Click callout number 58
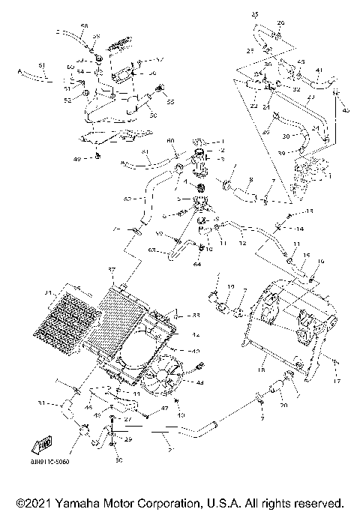tap(83, 26)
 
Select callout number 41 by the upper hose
tap(318, 70)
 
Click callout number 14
tap(298, 228)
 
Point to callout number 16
tap(322, 262)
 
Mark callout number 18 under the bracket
tap(262, 370)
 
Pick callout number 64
tap(198, 264)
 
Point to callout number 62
tap(127, 199)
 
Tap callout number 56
tap(152, 73)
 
